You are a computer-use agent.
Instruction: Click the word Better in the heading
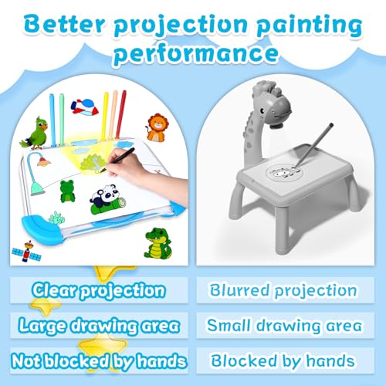coord(62,25)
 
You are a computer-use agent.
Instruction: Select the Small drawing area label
coord(285,325)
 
